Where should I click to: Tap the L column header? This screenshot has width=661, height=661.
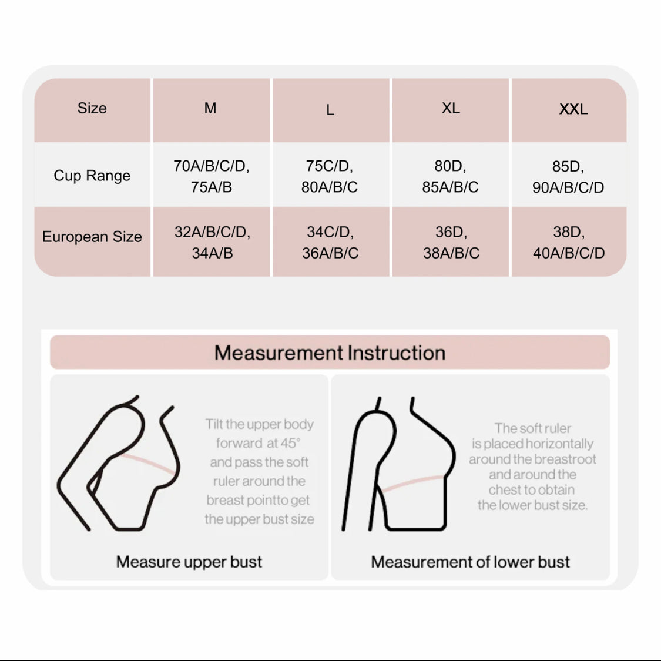(330, 110)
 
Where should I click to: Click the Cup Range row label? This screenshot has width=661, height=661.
(92, 175)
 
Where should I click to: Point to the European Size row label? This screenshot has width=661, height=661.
(92, 237)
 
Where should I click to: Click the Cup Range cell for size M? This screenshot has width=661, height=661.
(211, 176)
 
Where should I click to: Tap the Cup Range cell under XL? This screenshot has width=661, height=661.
(450, 176)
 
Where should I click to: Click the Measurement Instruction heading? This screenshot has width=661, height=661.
(330, 353)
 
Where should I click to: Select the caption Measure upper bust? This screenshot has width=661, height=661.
(189, 562)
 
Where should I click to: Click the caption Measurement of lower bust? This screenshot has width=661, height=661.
(470, 562)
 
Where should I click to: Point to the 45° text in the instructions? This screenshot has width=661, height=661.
(290, 443)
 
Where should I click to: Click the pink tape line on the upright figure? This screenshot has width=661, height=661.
(412, 484)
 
